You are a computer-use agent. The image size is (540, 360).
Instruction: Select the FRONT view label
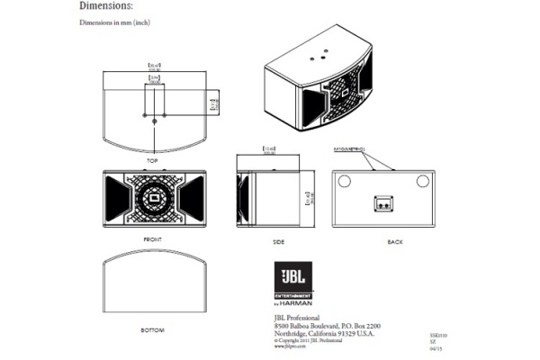[152, 240]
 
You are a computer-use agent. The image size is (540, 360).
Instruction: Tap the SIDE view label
[279, 241]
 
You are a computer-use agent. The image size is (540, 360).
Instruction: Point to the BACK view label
[393, 241]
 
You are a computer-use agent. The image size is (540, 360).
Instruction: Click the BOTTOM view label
[152, 331]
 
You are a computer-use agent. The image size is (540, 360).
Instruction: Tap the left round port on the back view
[344, 181]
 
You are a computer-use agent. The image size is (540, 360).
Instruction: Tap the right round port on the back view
[422, 181]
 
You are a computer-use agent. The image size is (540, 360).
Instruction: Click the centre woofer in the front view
[153, 197]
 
